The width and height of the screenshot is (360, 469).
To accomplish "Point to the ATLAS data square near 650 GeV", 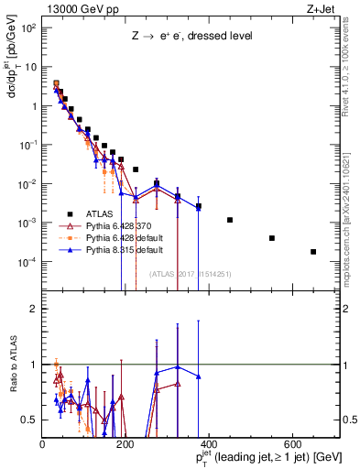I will (313, 252).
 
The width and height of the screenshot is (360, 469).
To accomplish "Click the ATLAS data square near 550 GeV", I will (272, 238).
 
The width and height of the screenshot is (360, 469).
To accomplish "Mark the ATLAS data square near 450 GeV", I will (230, 220).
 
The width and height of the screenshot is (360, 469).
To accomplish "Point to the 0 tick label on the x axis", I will (43, 444).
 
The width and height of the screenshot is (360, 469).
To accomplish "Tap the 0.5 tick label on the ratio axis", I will (29, 420).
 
